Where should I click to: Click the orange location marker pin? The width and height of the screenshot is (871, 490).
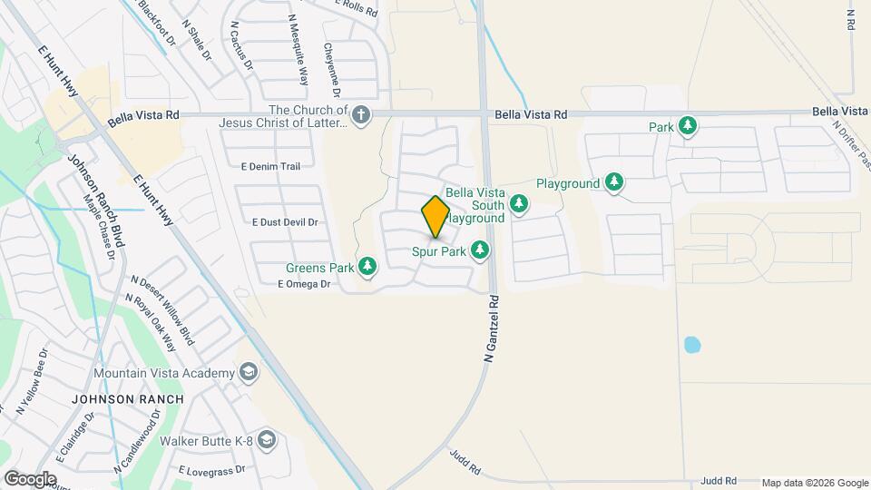pyautogui.click(x=435, y=216)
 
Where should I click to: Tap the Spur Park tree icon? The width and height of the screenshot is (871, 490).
pyautogui.click(x=480, y=250)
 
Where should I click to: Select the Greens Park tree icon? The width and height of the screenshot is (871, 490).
pyautogui.click(x=367, y=267)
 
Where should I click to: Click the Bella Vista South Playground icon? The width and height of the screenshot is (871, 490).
pyautogui.click(x=519, y=203)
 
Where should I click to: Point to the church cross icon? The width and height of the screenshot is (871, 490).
pyautogui.click(x=361, y=114)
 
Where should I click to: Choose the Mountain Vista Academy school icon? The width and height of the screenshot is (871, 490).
pyautogui.click(x=248, y=373)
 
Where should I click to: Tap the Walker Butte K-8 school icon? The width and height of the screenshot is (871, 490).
pyautogui.click(x=266, y=441)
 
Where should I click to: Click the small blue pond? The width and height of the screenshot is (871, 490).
pyautogui.click(x=691, y=345)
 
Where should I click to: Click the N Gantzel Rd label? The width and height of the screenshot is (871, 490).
pyautogui.click(x=492, y=329)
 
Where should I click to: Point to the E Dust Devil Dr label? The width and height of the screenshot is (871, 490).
pyautogui.click(x=285, y=221)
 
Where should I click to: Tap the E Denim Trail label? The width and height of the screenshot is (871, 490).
pyautogui.click(x=270, y=166)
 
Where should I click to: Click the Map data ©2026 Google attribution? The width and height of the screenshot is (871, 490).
pyautogui.click(x=814, y=483)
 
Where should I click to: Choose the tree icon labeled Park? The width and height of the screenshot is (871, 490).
pyautogui.click(x=688, y=126)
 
